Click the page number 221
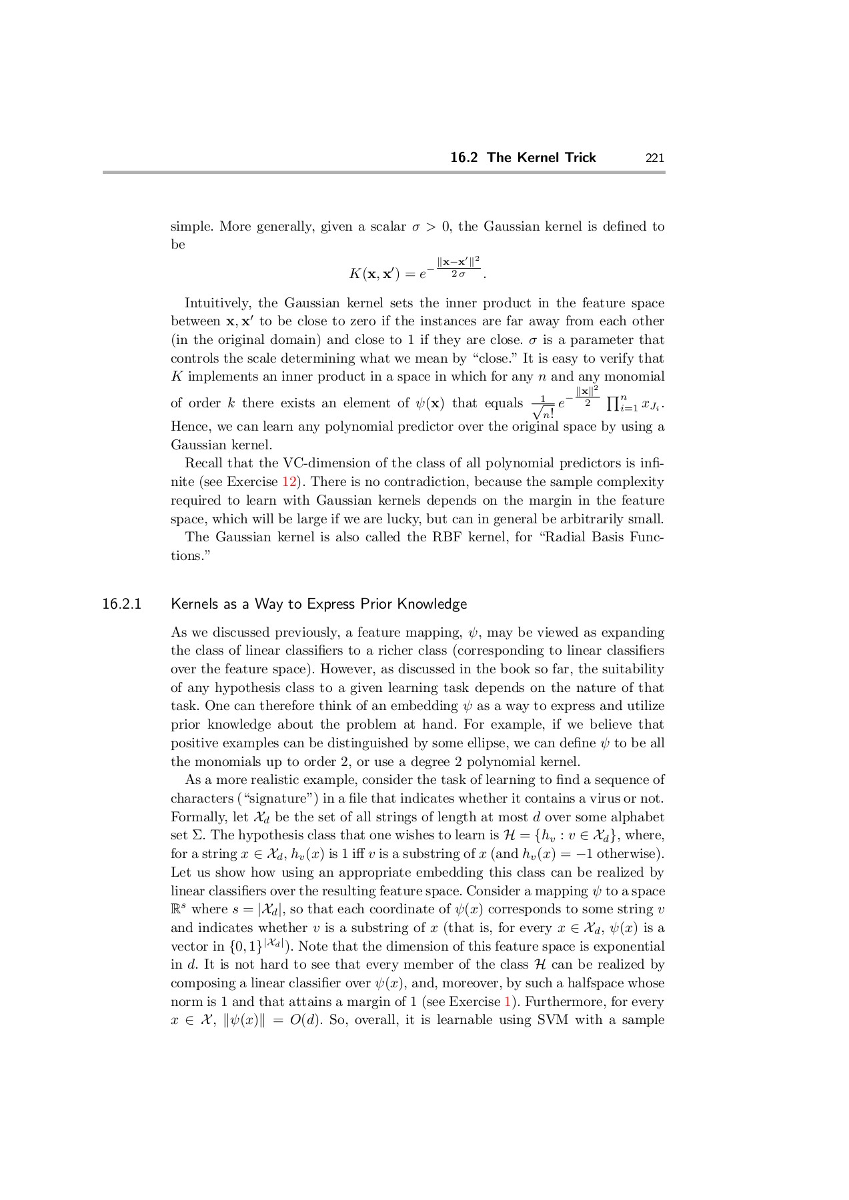click(654, 158)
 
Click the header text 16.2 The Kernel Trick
click(523, 158)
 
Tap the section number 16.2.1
click(122, 604)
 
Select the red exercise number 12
click(289, 482)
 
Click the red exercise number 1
click(508, 1002)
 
